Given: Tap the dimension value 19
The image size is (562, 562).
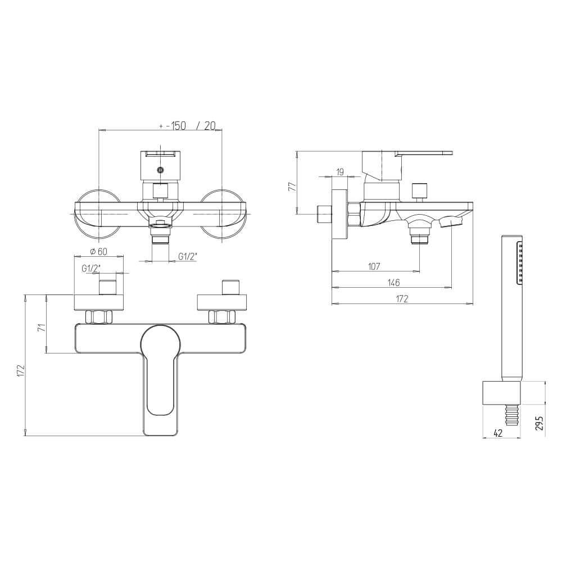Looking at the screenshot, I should coord(340,171).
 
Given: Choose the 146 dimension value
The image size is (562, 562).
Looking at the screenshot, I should coord(393,282).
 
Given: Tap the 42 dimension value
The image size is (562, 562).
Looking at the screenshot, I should coord(497,432).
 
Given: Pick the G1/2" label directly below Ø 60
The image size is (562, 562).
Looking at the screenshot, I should coord(90,268).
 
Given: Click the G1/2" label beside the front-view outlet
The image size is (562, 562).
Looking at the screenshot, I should coord(187,256).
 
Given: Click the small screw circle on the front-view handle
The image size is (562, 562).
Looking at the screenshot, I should coord(161,170).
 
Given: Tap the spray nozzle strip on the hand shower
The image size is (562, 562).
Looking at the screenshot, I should coord(520,262).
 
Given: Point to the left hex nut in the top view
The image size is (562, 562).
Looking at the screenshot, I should coord(99,317).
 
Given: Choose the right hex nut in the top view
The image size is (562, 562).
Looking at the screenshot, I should coord(221,317).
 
